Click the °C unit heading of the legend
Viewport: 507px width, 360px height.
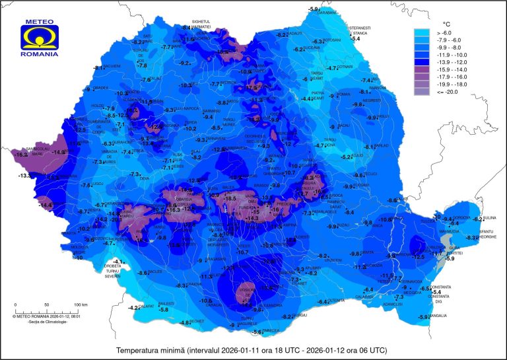(x=446, y=23)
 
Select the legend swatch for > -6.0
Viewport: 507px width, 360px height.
(x=422, y=32)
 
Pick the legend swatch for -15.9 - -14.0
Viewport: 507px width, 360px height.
(x=422, y=69)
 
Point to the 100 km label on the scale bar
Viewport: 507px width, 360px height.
(x=81, y=305)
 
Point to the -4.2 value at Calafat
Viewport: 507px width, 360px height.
(x=134, y=308)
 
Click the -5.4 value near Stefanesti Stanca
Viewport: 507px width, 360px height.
(x=356, y=39)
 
